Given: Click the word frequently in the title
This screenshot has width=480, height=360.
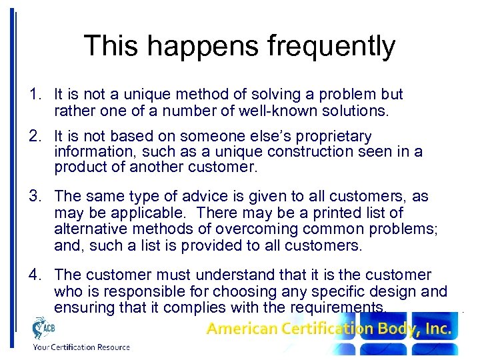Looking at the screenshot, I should click(x=331, y=47).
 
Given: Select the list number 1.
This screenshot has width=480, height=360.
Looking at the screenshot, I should click(x=34, y=95).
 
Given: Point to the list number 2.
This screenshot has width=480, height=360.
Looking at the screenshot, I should click(x=34, y=136).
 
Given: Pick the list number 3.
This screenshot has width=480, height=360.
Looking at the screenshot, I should click(x=34, y=197).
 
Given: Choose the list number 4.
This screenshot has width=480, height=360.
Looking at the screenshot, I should click(x=34, y=275).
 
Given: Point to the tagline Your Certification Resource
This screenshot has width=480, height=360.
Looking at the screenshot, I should click(x=81, y=347).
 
